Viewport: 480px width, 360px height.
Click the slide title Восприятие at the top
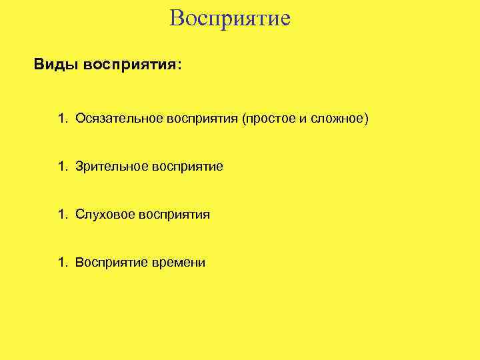[x=230, y=17]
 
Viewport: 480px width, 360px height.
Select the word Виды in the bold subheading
[x=56, y=65]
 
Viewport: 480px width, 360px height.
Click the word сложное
[x=337, y=119]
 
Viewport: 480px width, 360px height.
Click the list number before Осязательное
[x=62, y=119]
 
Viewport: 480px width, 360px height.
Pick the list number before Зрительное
[x=62, y=167]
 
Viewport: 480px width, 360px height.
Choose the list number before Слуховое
[x=62, y=215]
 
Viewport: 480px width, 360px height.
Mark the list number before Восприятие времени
[x=62, y=263]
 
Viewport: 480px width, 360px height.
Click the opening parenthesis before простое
[x=245, y=119]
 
